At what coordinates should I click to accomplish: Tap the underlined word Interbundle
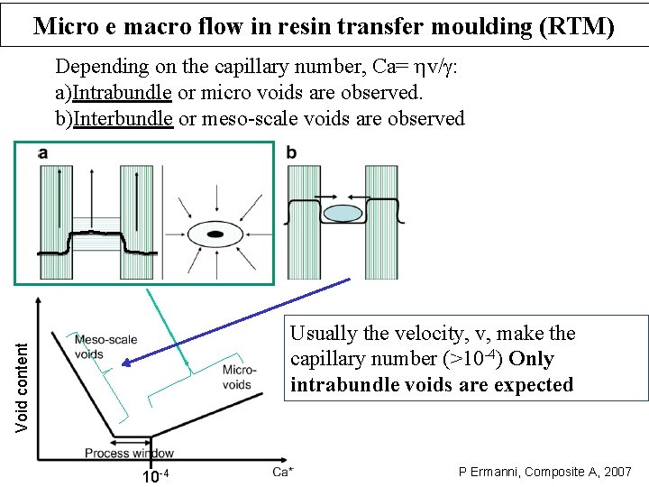(123, 118)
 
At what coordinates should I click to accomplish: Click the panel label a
(43, 154)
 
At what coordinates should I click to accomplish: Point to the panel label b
(291, 153)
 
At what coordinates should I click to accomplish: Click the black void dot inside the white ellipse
(215, 234)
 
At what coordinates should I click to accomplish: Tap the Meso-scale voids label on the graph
(105, 346)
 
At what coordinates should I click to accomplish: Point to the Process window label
(129, 453)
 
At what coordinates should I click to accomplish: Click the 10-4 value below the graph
(156, 475)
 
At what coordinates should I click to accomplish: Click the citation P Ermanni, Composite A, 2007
(545, 472)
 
